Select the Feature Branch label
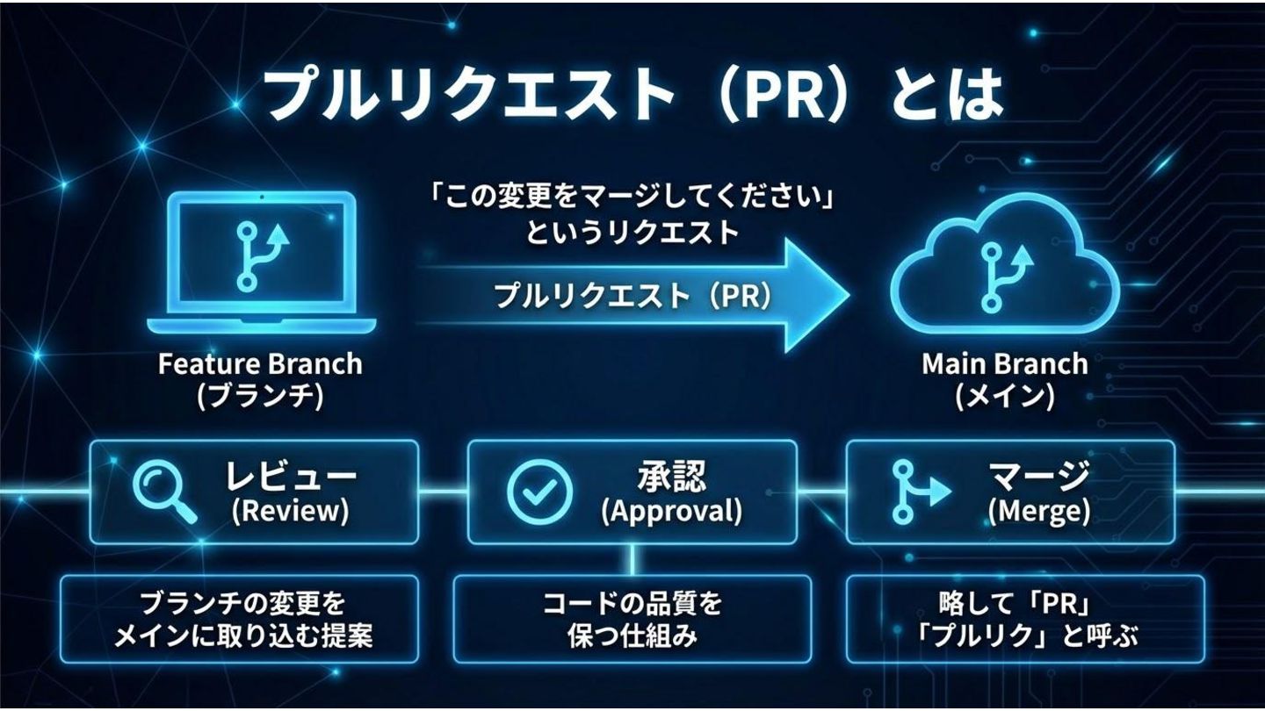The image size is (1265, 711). pos(260,363)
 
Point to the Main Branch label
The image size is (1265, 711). pos(1004,363)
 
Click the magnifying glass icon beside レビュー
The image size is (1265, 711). pos(163,492)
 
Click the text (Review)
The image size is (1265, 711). pos(289,511)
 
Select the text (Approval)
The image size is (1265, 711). pos(671,511)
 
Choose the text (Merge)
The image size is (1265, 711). pos(1038,511)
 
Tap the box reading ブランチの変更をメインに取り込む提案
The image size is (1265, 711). pos(239,619)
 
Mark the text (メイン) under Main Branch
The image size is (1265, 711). pos(1004,397)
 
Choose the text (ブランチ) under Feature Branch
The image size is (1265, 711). pos(260,397)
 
